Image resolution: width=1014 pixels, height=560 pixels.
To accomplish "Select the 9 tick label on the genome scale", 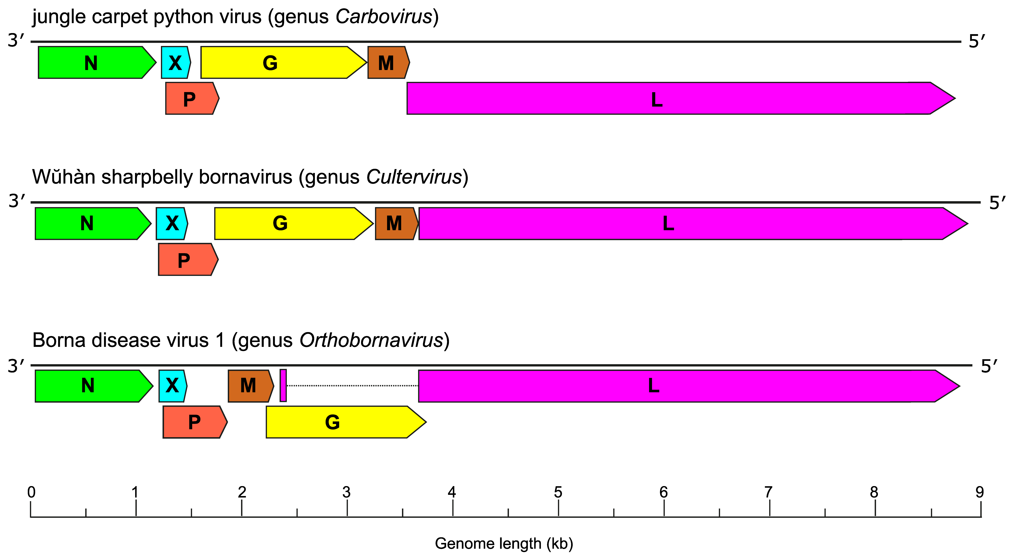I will (x=979, y=493).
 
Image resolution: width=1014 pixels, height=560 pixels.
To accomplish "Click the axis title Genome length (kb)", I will (x=504, y=544).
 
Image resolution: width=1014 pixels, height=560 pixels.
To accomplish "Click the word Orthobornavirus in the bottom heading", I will (x=372, y=340).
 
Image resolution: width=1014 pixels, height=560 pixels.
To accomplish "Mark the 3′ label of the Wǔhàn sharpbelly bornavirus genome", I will (x=17, y=201).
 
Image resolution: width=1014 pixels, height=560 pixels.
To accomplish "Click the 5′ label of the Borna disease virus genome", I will (x=989, y=366).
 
